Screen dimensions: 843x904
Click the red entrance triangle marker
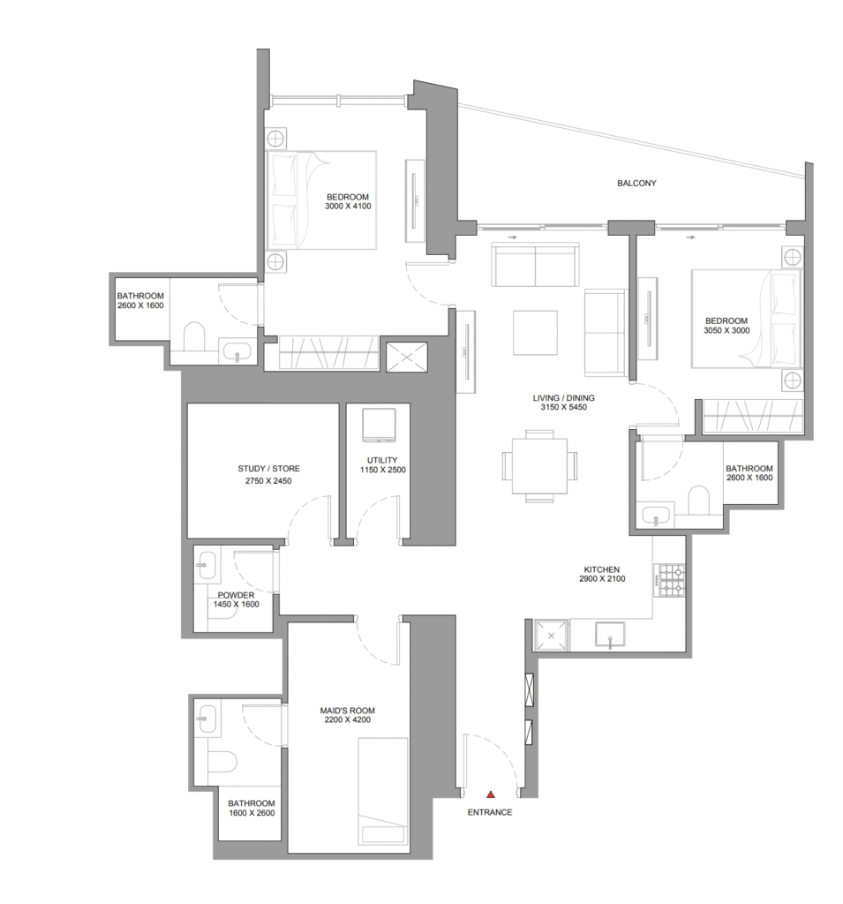pyautogui.click(x=490, y=795)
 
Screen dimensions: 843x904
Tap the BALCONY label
pyautogui.click(x=636, y=184)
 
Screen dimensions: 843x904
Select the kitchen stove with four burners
pyautogui.click(x=669, y=580)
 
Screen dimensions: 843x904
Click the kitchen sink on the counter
pyautogui.click(x=610, y=635)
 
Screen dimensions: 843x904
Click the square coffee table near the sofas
pyautogui.click(x=535, y=333)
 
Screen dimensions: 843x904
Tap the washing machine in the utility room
pyautogui.click(x=379, y=426)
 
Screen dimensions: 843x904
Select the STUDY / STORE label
pyautogui.click(x=268, y=469)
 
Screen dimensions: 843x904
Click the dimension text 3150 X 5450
pyautogui.click(x=563, y=407)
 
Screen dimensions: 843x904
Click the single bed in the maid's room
pyautogui.click(x=383, y=795)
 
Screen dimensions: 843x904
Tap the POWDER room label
pyautogui.click(x=236, y=595)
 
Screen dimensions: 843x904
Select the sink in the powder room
pyautogui.click(x=206, y=564)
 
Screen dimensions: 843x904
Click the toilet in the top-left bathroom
pyautogui.click(x=193, y=336)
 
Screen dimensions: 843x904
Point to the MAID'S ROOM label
pyautogui.click(x=347, y=711)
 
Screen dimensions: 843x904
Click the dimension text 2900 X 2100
pyautogui.click(x=602, y=579)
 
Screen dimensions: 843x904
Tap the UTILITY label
pyautogui.click(x=382, y=460)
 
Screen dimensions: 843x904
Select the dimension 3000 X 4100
pyautogui.click(x=348, y=206)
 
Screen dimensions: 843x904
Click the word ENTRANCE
pyautogui.click(x=490, y=812)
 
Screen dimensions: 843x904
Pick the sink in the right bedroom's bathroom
pyautogui.click(x=656, y=516)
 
